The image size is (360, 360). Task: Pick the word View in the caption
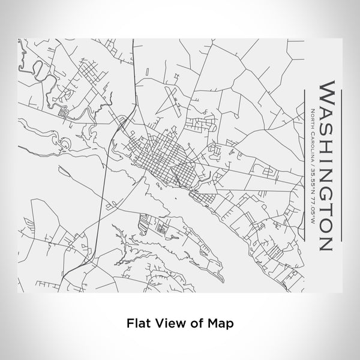[166, 322]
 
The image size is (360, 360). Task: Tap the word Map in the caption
[220, 322]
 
